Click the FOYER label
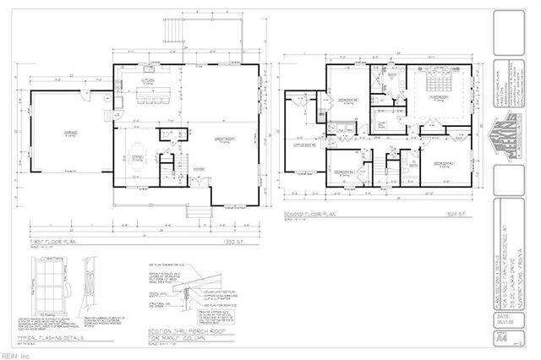point(199,169)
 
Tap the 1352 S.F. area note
point(240,241)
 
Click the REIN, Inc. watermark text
point(14,355)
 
